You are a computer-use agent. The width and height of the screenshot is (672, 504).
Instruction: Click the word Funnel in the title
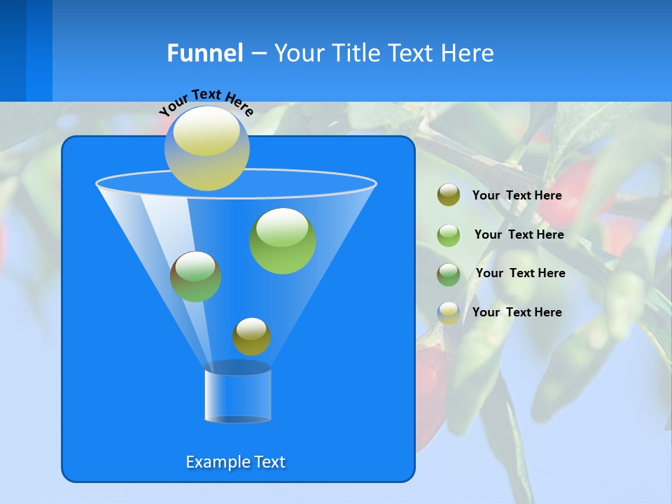(205, 53)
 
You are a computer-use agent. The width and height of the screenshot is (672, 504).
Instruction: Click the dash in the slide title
(258, 53)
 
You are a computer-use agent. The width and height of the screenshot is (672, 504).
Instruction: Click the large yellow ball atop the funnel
(207, 148)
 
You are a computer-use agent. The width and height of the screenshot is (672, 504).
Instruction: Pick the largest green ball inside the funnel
(283, 241)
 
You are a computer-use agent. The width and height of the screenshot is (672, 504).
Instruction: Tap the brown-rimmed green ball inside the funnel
(195, 276)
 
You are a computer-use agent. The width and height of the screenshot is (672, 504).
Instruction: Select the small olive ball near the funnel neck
(251, 337)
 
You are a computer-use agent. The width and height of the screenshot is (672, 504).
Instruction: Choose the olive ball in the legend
(449, 195)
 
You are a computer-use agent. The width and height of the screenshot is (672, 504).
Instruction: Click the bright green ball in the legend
(449, 234)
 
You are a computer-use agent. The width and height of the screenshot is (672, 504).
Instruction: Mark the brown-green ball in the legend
(449, 274)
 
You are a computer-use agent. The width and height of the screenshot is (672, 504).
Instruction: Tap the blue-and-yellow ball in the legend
(449, 312)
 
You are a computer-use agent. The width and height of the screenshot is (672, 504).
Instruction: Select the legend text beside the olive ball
(517, 195)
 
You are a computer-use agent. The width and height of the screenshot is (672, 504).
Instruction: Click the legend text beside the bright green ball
(519, 234)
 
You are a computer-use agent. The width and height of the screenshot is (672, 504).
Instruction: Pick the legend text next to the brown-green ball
(520, 273)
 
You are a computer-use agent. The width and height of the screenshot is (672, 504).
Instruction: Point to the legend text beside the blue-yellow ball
(517, 312)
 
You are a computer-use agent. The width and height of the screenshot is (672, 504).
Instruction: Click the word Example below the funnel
(217, 462)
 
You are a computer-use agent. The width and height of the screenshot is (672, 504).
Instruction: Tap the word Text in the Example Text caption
(269, 462)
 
